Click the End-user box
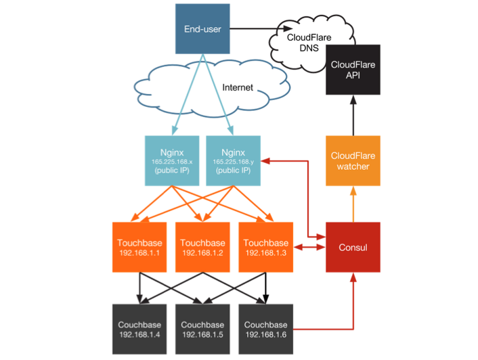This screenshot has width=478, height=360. (x=202, y=29)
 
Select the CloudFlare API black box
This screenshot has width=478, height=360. (x=353, y=70)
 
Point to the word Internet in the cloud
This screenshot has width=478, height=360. (x=238, y=88)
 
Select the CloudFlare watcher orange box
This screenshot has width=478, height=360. (x=353, y=161)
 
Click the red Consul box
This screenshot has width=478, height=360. (x=353, y=247)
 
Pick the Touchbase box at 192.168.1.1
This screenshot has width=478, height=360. (x=139, y=247)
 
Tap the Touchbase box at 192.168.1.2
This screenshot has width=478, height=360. (x=202, y=247)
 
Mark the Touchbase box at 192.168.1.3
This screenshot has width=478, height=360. (x=265, y=247)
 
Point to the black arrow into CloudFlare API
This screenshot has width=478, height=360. (x=353, y=115)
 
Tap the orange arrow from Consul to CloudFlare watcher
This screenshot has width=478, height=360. (x=353, y=203)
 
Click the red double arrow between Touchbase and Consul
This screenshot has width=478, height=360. (x=308, y=248)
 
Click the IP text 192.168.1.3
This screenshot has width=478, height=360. (x=265, y=253)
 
